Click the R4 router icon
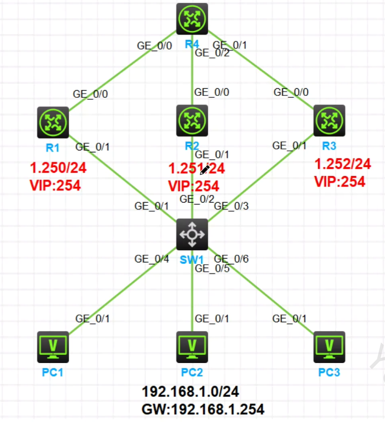pos(192,19)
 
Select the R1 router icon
pos(53,123)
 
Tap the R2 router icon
pos(192,121)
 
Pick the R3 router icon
pos(329,121)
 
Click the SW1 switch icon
pos(192,235)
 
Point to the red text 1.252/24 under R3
pos(343,164)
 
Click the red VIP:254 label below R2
pos(194,186)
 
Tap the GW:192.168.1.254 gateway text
pos(203,410)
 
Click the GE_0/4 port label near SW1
pos(152,259)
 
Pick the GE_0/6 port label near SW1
pos(231,259)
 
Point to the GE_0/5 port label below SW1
pos(212,268)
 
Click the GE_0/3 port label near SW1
pos(231,206)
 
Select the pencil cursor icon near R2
pos(205,170)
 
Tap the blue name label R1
pos(52,147)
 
